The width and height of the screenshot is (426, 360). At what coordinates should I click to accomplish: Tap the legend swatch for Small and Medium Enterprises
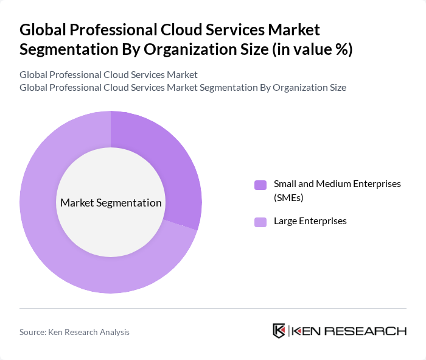tap(260, 185)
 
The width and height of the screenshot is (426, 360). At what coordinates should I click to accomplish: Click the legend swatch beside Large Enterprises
tap(260, 222)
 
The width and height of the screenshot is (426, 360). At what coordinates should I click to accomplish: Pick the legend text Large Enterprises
tap(310, 221)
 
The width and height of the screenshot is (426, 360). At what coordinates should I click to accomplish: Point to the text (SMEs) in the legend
tap(288, 197)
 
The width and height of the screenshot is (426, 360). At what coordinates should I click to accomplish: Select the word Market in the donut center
tap(77, 203)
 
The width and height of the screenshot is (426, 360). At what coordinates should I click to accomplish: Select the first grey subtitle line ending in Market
tap(108, 75)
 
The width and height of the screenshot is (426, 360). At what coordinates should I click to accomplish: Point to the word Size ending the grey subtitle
tap(335, 88)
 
